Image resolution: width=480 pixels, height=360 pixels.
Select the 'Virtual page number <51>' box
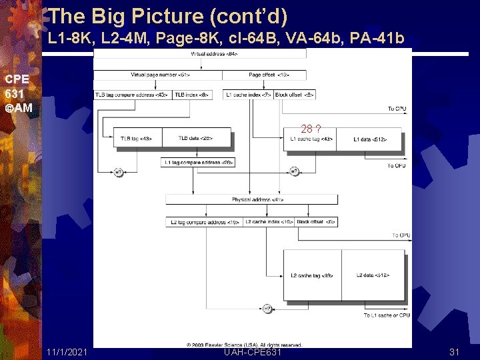click(x=160, y=75)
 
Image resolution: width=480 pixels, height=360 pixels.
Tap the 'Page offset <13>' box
click(x=265, y=75)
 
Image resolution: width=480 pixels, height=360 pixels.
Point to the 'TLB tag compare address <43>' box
click(x=133, y=95)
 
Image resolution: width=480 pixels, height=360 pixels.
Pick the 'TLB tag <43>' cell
click(x=137, y=138)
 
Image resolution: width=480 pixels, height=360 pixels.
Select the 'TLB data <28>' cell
click(x=196, y=138)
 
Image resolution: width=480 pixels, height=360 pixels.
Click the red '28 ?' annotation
click(x=311, y=128)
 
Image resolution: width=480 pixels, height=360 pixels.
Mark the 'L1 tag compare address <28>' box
click(x=198, y=162)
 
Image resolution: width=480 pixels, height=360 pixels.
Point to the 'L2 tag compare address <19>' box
click(x=204, y=221)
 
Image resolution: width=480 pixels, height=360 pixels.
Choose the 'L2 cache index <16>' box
click(x=268, y=221)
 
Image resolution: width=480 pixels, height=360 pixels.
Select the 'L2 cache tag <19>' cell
click(x=311, y=275)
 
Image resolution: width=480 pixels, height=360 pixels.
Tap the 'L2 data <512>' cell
click(x=373, y=275)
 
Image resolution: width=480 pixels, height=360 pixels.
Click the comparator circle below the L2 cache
click(x=267, y=308)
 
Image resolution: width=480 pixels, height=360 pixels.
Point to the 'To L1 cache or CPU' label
click(x=387, y=315)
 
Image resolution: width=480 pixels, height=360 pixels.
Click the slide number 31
click(x=455, y=352)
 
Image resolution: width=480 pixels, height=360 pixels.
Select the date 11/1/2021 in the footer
click(x=67, y=352)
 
